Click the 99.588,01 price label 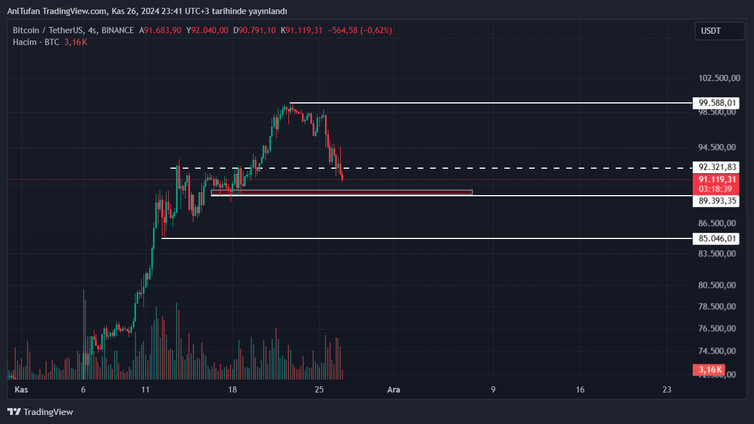pyautogui.click(x=716, y=103)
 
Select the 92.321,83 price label pyautogui.click(x=716, y=167)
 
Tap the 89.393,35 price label pyautogui.click(x=716, y=201)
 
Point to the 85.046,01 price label pyautogui.click(x=716, y=238)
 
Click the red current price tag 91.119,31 pyautogui.click(x=716, y=179)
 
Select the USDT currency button pyautogui.click(x=719, y=30)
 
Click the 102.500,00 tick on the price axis pyautogui.click(x=719, y=78)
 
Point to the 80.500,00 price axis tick pyautogui.click(x=717, y=285)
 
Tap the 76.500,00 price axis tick pyautogui.click(x=717, y=328)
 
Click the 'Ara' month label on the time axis pyautogui.click(x=394, y=390)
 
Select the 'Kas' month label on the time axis pyautogui.click(x=21, y=390)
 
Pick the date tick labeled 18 pyautogui.click(x=232, y=390)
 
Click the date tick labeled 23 pyautogui.click(x=667, y=390)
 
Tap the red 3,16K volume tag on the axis pyautogui.click(x=710, y=369)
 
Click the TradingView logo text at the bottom pyautogui.click(x=48, y=412)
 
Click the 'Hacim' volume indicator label pyautogui.click(x=25, y=42)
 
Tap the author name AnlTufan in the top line pyautogui.click(x=23, y=11)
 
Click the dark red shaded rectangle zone pyautogui.click(x=341, y=192)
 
